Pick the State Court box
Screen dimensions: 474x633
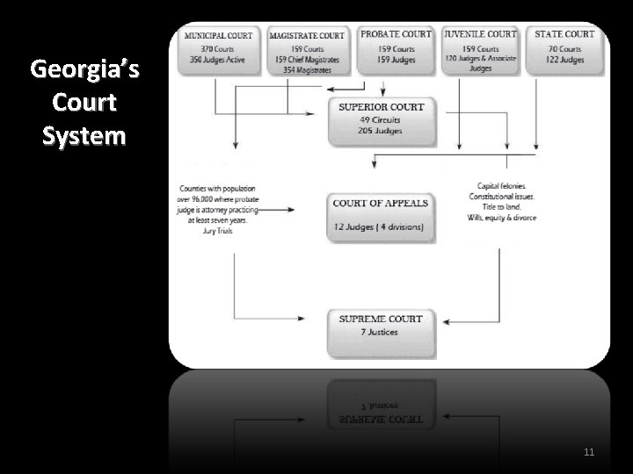coord(564,48)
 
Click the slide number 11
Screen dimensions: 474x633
coord(588,453)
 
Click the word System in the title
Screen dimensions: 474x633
coord(78,136)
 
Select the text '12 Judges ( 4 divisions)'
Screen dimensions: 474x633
coord(378,228)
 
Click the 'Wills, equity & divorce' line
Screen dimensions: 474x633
coord(502,217)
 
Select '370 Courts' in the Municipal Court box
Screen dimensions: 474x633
coord(217,49)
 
